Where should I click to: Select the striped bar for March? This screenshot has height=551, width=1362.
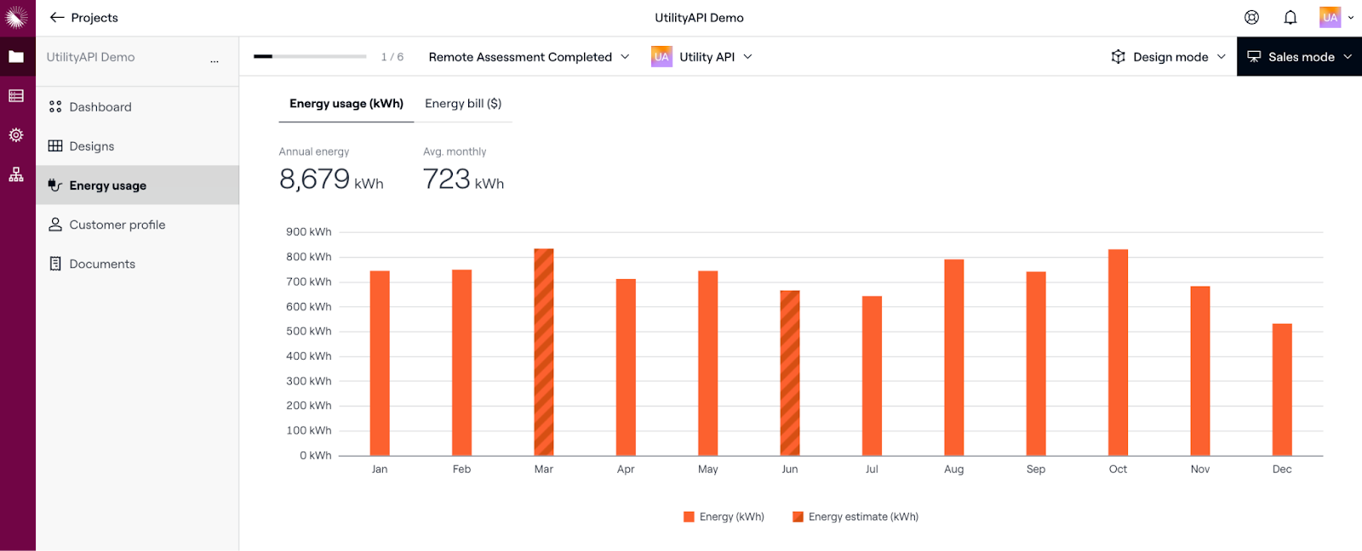(x=544, y=352)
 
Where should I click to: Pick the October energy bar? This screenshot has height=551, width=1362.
(x=1118, y=352)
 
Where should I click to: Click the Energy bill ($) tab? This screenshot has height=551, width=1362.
(x=463, y=104)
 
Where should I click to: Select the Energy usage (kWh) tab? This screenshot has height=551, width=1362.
(x=346, y=104)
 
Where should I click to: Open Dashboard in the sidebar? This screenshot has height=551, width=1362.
(x=100, y=107)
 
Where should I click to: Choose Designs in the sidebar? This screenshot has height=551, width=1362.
(x=92, y=146)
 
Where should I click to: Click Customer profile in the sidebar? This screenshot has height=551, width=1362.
(x=117, y=224)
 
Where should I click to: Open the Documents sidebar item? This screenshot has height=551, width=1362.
(x=102, y=264)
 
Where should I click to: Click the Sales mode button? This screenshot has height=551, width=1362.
(x=1299, y=57)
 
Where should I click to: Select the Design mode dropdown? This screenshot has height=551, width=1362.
(x=1169, y=57)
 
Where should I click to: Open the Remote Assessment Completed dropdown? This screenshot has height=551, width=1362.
(x=529, y=57)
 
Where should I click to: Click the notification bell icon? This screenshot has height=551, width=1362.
(x=1290, y=18)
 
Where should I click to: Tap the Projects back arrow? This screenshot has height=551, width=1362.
(x=57, y=18)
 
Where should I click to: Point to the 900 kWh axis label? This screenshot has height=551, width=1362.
(x=308, y=232)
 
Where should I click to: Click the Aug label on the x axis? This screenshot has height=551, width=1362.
(x=953, y=469)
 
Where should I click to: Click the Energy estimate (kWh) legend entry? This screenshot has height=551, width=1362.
(x=856, y=517)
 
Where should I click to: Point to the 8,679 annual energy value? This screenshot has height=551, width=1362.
(x=315, y=179)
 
